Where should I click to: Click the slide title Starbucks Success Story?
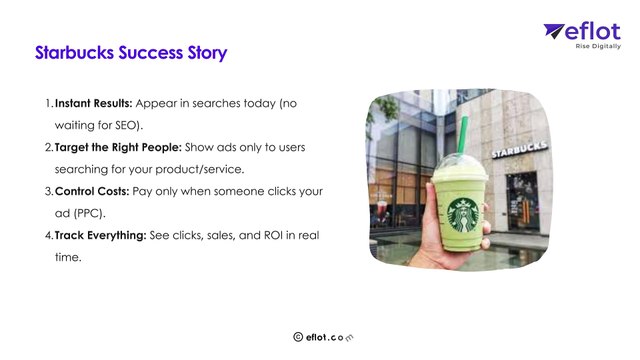[x=131, y=53]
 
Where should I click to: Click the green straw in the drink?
[x=463, y=135]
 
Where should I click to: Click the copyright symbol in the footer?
[x=297, y=338]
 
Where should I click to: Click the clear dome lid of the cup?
[x=461, y=163]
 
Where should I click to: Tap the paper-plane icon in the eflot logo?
[x=555, y=32]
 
